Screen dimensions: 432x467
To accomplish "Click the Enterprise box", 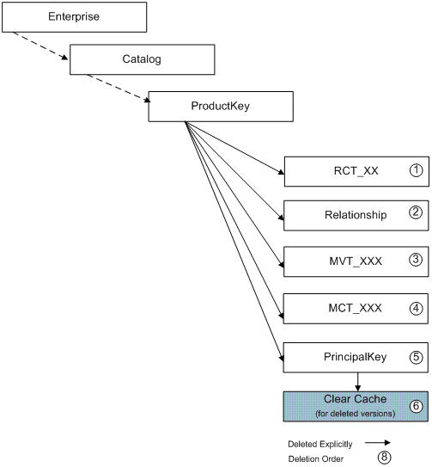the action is pyautogui.click(x=75, y=17).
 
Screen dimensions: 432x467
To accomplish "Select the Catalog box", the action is pyautogui.click(x=143, y=59).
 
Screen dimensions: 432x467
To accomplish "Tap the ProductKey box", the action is pyautogui.click(x=221, y=107).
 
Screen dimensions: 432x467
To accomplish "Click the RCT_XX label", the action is pyautogui.click(x=356, y=171).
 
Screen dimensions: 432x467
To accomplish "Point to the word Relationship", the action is pyautogui.click(x=356, y=215).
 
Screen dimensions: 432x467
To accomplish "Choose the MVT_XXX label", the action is pyautogui.click(x=356, y=261).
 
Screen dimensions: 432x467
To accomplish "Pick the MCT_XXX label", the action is pyautogui.click(x=355, y=308).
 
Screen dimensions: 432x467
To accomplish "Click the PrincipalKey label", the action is pyautogui.click(x=355, y=357).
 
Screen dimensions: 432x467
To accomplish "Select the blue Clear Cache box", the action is pyautogui.click(x=356, y=407).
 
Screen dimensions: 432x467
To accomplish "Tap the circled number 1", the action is pyautogui.click(x=416, y=170).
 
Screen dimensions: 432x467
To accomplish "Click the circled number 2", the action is pyautogui.click(x=416, y=212).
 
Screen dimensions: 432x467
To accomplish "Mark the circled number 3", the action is pyautogui.click(x=416, y=260).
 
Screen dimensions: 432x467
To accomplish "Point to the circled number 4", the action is pyautogui.click(x=416, y=308).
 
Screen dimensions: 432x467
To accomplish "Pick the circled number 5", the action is pyautogui.click(x=416, y=357).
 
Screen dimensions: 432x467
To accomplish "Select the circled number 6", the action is pyautogui.click(x=416, y=406).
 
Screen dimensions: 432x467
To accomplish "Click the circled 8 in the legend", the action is pyautogui.click(x=385, y=457).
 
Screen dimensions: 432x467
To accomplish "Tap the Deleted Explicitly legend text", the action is pyautogui.click(x=320, y=445).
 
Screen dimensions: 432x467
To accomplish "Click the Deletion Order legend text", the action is pyautogui.click(x=316, y=459).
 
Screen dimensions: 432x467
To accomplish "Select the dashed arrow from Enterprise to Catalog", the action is pyautogui.click(x=40, y=46).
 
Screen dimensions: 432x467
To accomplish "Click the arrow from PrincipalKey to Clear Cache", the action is pyautogui.click(x=357, y=382).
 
